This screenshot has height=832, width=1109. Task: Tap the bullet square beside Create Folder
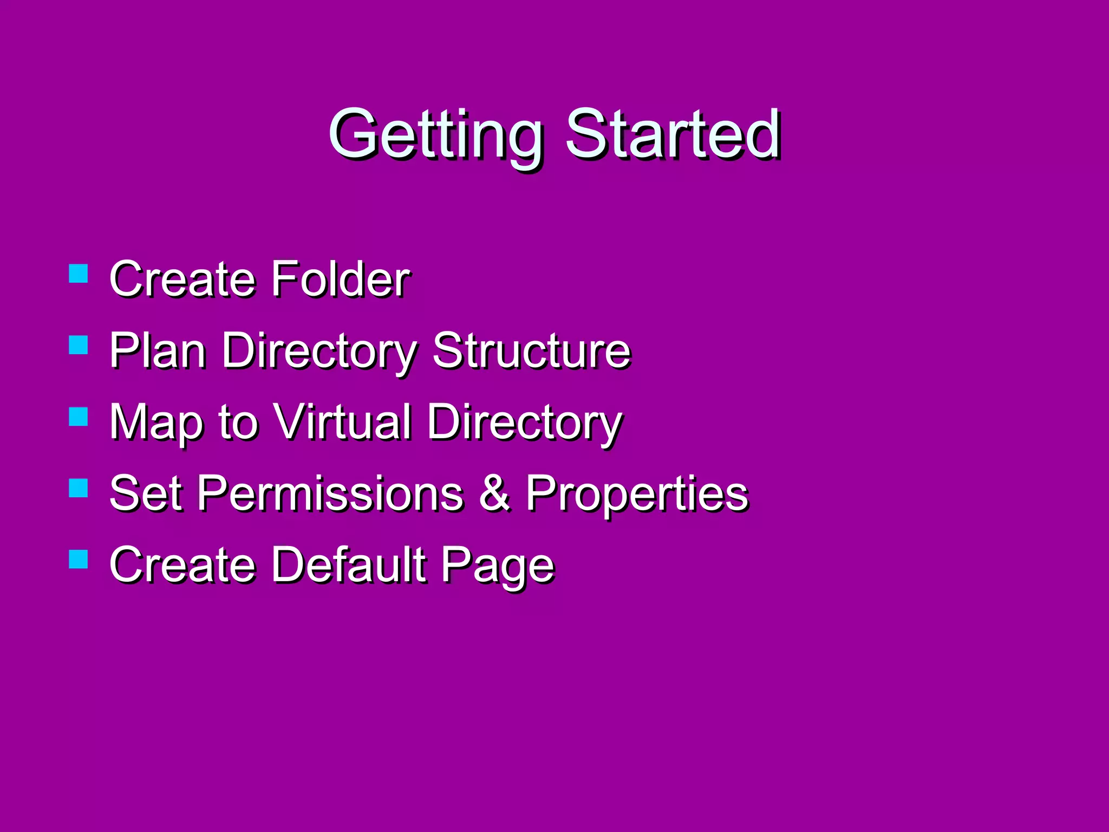[79, 274]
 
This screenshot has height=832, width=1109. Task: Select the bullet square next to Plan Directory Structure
[79, 345]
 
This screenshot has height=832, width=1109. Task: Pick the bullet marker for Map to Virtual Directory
[79, 417]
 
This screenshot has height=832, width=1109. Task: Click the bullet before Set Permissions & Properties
[79, 487]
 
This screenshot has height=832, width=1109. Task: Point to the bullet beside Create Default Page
[79, 559]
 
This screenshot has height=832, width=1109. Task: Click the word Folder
[340, 279]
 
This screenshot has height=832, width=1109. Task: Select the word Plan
[158, 350]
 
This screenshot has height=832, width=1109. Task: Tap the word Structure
[531, 350]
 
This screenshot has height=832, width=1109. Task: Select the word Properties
[637, 494]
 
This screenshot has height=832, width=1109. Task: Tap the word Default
[349, 564]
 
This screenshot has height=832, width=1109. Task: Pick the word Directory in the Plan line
[319, 352]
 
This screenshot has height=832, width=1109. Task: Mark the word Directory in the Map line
[524, 423]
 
